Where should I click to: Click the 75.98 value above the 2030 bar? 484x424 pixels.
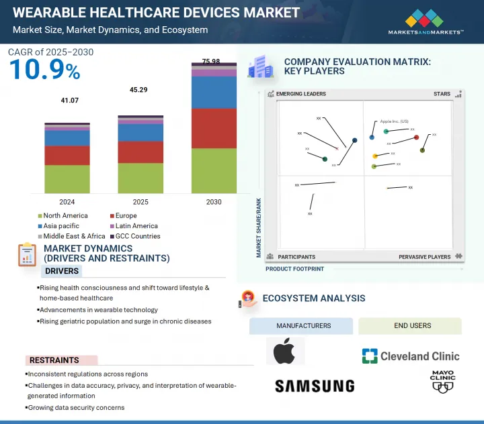pos(210,62)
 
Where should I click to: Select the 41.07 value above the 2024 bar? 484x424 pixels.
pos(70,101)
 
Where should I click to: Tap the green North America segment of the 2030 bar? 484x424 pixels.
pos(214,170)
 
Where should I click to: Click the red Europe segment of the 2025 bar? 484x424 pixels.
pos(140,152)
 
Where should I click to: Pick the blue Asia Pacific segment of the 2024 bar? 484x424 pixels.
pos(67,138)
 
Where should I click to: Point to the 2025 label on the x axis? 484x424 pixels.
pos(140,202)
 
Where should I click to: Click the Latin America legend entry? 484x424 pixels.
pos(134,226)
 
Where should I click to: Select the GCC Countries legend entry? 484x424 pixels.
pos(137,236)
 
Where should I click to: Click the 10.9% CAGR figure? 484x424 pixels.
pos(44,70)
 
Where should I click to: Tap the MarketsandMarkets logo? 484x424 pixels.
pos(426,22)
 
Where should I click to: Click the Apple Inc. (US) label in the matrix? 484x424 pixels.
pos(394,121)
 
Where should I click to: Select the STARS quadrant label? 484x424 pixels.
pos(442,95)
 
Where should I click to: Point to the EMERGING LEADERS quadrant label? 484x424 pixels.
pos(300,95)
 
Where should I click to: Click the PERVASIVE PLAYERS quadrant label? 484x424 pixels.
pos(424,257)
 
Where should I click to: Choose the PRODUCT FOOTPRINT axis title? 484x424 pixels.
pos(294,269)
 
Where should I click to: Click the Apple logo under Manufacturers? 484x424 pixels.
pos(285,351)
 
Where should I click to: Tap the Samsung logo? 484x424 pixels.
pos(314,386)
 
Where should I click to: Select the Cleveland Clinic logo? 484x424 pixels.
pos(410,356)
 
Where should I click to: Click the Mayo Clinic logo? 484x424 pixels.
pos(442,381)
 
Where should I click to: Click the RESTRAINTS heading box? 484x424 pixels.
pos(61,360)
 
